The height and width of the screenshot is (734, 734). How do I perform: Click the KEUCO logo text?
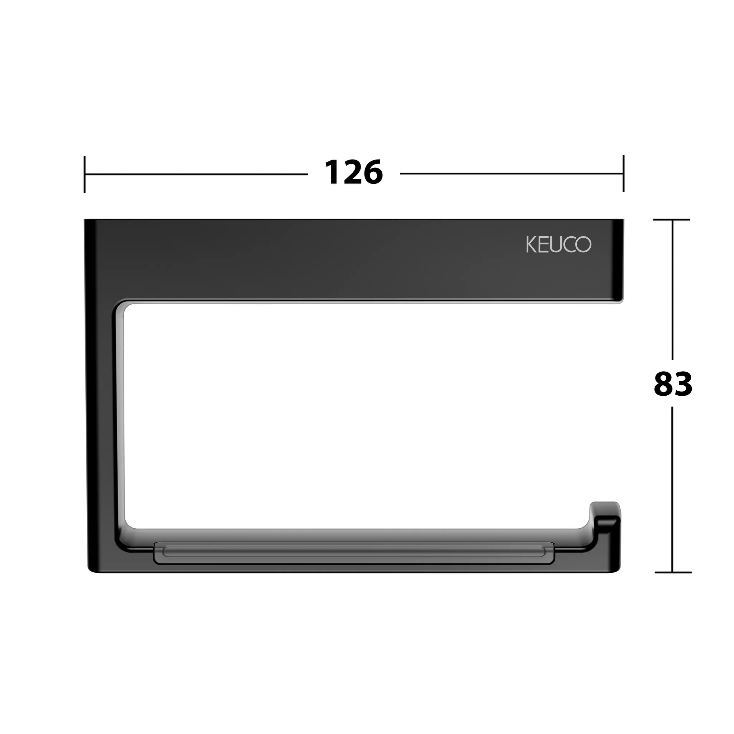(x=558, y=244)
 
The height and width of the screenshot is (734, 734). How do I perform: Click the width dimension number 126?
(x=354, y=173)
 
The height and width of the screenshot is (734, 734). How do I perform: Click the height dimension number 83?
(x=673, y=384)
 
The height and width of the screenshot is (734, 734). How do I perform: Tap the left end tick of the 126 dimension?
(x=84, y=174)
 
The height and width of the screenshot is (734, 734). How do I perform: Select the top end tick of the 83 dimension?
(x=672, y=220)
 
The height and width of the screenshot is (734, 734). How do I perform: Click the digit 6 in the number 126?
(x=373, y=173)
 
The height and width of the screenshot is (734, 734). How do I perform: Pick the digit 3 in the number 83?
(x=683, y=384)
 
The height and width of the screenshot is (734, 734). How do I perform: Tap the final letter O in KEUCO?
(x=583, y=244)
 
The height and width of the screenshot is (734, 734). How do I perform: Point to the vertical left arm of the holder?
(x=100, y=418)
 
